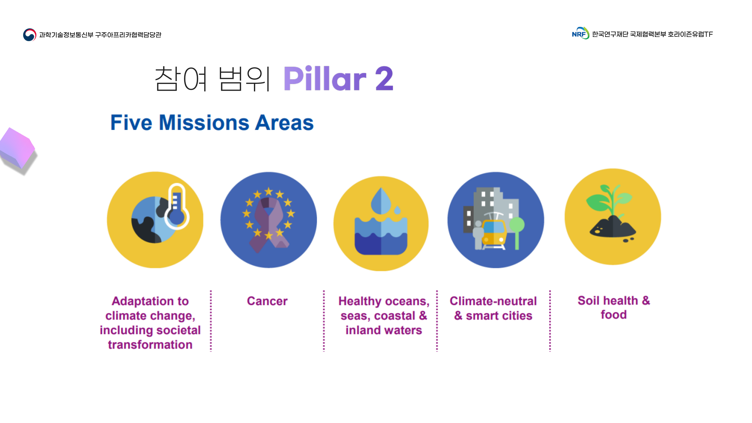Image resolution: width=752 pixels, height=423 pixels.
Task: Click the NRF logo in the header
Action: [580, 34]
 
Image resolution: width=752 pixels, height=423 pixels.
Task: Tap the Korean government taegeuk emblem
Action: [30, 35]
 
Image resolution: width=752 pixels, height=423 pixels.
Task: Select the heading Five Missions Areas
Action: [212, 122]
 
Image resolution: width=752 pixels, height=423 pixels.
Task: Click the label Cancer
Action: [267, 301]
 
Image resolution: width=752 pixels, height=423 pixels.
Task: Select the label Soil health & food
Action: [614, 308]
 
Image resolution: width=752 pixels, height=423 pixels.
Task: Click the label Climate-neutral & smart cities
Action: [493, 308]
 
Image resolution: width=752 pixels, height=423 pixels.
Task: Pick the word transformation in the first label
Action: [150, 345]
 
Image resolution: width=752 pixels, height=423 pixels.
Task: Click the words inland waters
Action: [384, 330]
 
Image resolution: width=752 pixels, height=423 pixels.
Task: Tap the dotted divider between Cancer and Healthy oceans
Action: [324, 321]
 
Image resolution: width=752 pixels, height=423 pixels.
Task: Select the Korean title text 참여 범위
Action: [213, 79]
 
